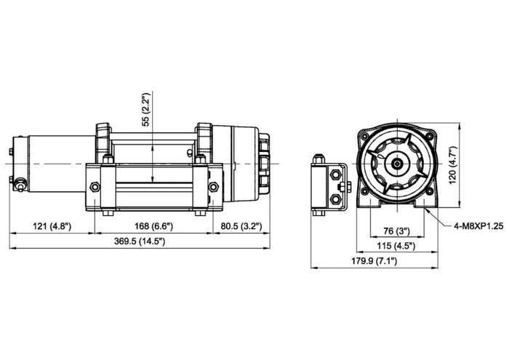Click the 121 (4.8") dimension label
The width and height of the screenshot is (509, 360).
(x=52, y=226)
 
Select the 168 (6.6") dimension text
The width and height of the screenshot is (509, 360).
(x=154, y=226)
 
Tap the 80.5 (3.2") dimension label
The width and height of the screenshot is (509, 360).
(x=241, y=226)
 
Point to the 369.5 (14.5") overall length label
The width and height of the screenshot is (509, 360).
(x=140, y=241)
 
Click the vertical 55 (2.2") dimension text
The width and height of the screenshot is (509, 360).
(x=146, y=110)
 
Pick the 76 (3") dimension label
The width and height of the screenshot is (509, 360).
(x=397, y=231)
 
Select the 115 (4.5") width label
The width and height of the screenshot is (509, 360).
(x=396, y=246)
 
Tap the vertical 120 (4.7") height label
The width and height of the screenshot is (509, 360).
(x=452, y=165)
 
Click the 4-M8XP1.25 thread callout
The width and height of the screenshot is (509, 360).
(x=478, y=226)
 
